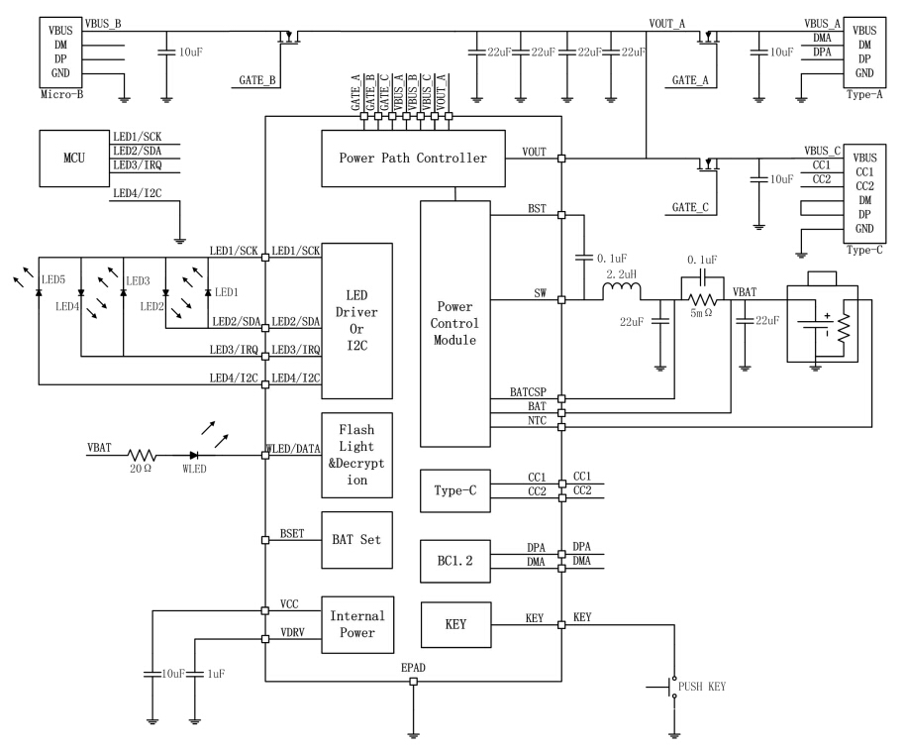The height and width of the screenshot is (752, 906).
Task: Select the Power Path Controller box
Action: point(413,159)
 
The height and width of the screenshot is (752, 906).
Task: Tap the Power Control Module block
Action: point(454,323)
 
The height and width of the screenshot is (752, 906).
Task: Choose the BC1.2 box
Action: point(454,561)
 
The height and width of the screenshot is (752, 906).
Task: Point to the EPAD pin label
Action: point(414,669)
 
